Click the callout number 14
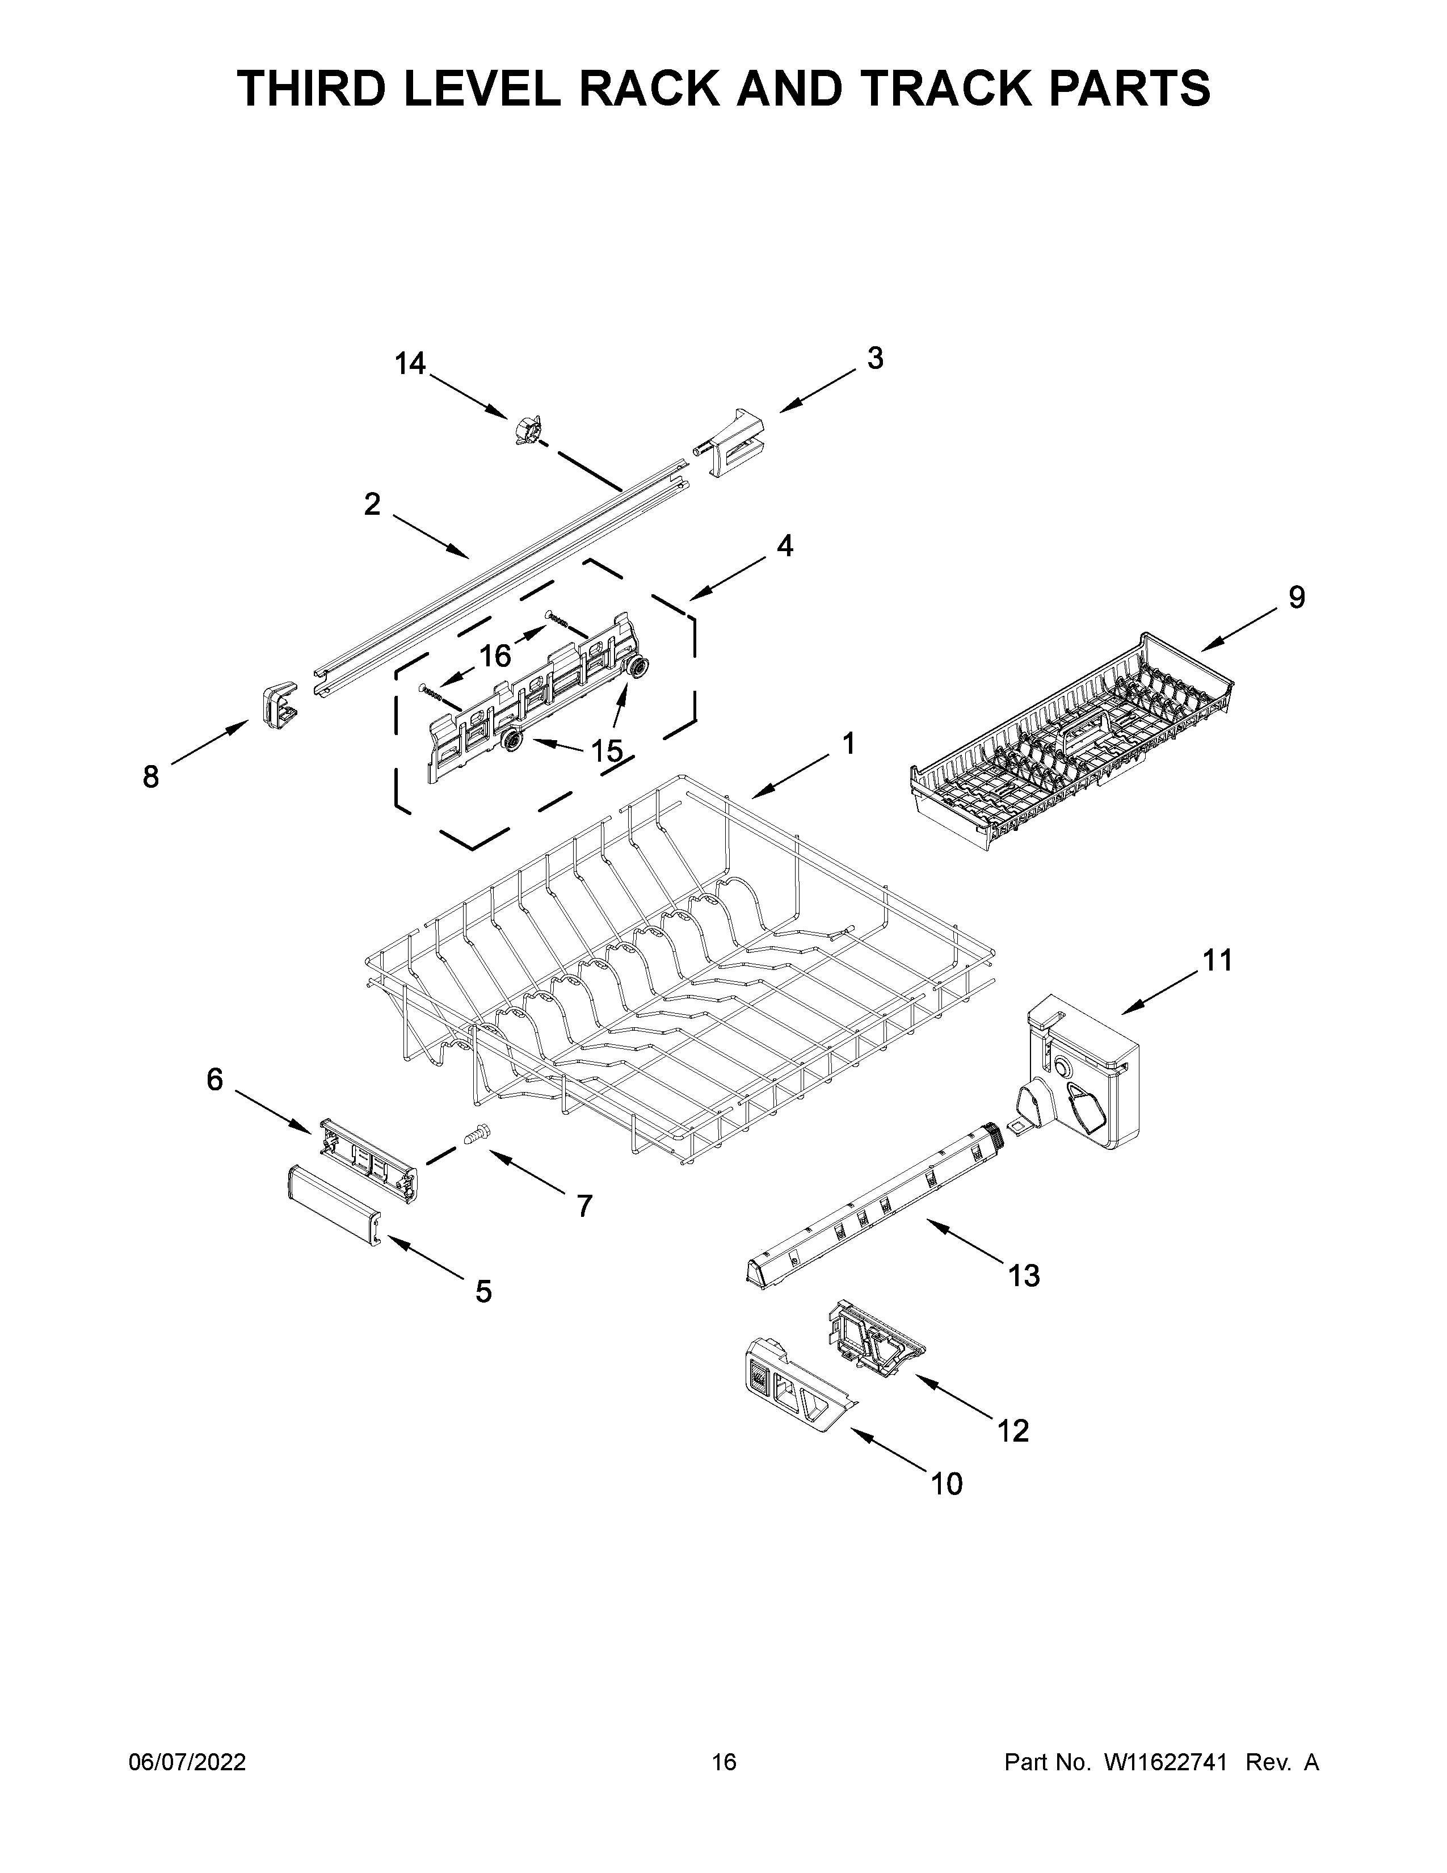(x=410, y=364)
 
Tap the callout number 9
(x=1296, y=597)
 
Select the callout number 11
(x=1217, y=960)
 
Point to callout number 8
(x=151, y=777)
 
